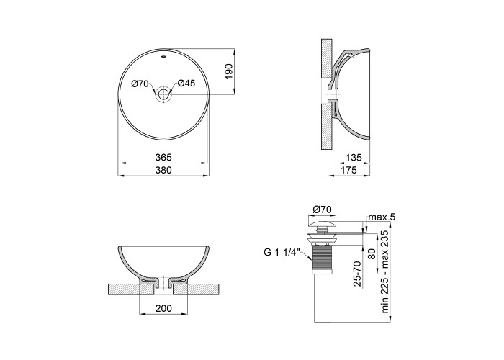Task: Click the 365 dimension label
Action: tap(163, 158)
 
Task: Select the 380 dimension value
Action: tap(163, 170)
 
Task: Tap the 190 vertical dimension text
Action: tap(228, 72)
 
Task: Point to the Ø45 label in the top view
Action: tap(186, 84)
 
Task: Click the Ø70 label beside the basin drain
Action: tap(140, 84)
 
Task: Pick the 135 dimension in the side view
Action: tap(354, 158)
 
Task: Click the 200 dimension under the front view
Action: tap(163, 308)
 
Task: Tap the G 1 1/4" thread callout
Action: tap(282, 252)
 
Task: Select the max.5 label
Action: tap(382, 217)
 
